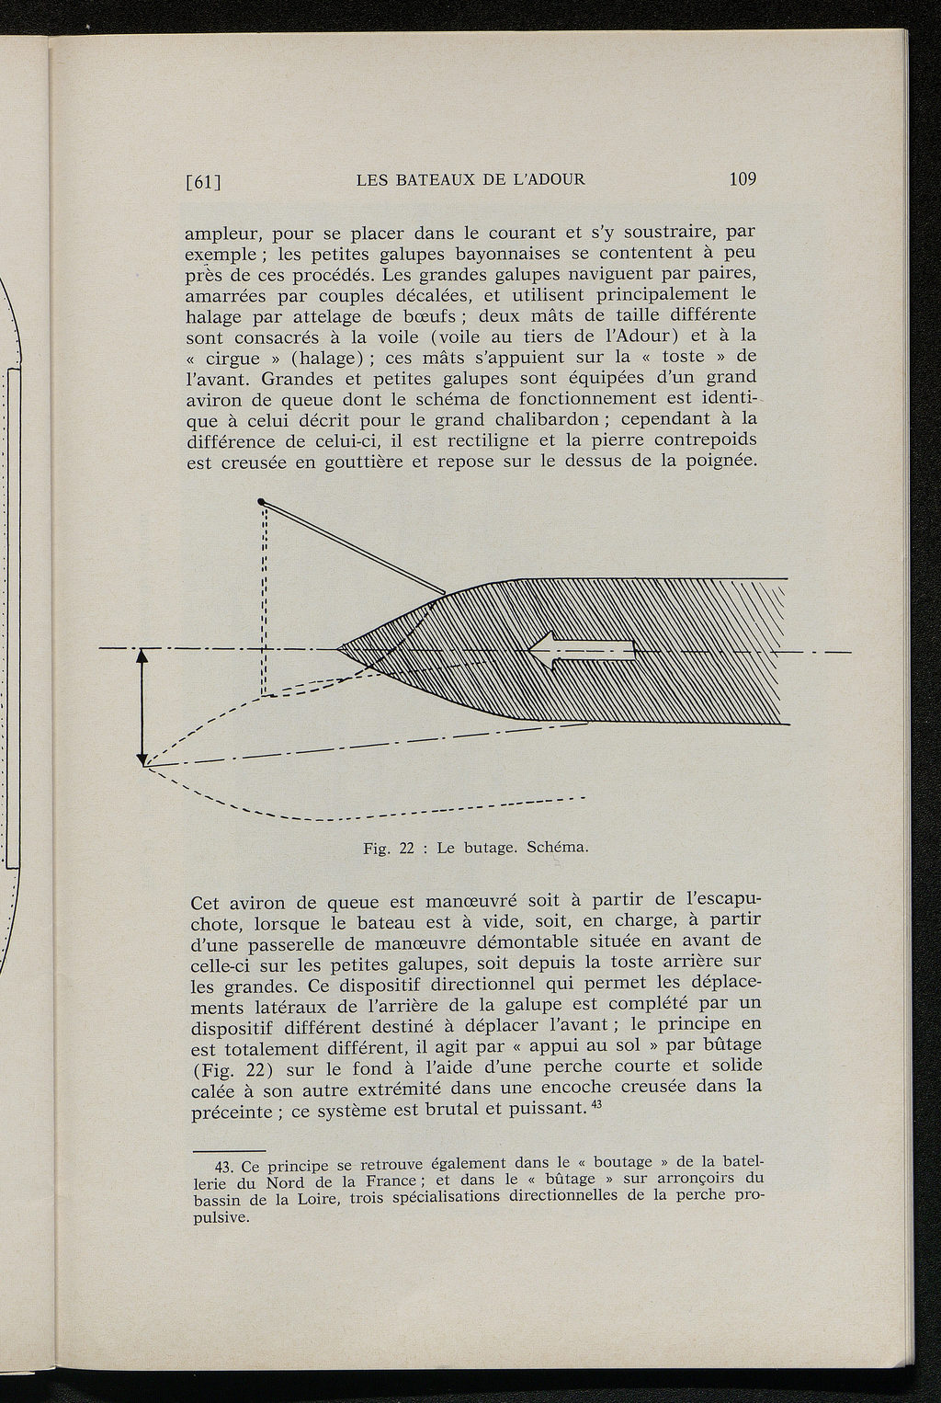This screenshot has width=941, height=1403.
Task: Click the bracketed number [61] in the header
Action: pyautogui.click(x=205, y=181)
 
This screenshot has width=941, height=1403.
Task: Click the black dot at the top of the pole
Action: pyautogui.click(x=262, y=501)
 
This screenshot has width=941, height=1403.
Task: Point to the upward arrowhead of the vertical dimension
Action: pyautogui.click(x=142, y=656)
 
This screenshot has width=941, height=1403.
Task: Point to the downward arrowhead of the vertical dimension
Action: pyautogui.click(x=142, y=759)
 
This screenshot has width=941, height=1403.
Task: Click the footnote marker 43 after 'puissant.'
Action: pyautogui.click(x=595, y=1104)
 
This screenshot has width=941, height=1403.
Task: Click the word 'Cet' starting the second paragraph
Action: pyautogui.click(x=203, y=902)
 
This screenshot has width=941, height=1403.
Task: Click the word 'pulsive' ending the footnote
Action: pyautogui.click(x=221, y=1217)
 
